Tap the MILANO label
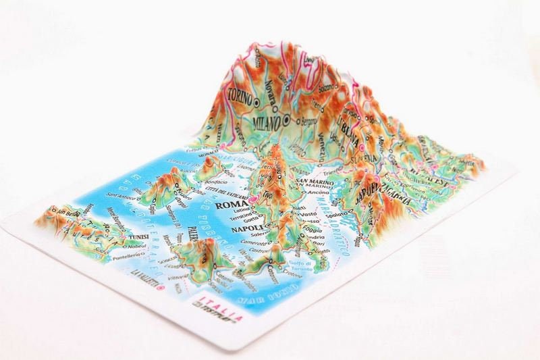(x=267, y=124)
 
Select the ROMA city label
(x=230, y=203)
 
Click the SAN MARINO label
(x=313, y=183)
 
